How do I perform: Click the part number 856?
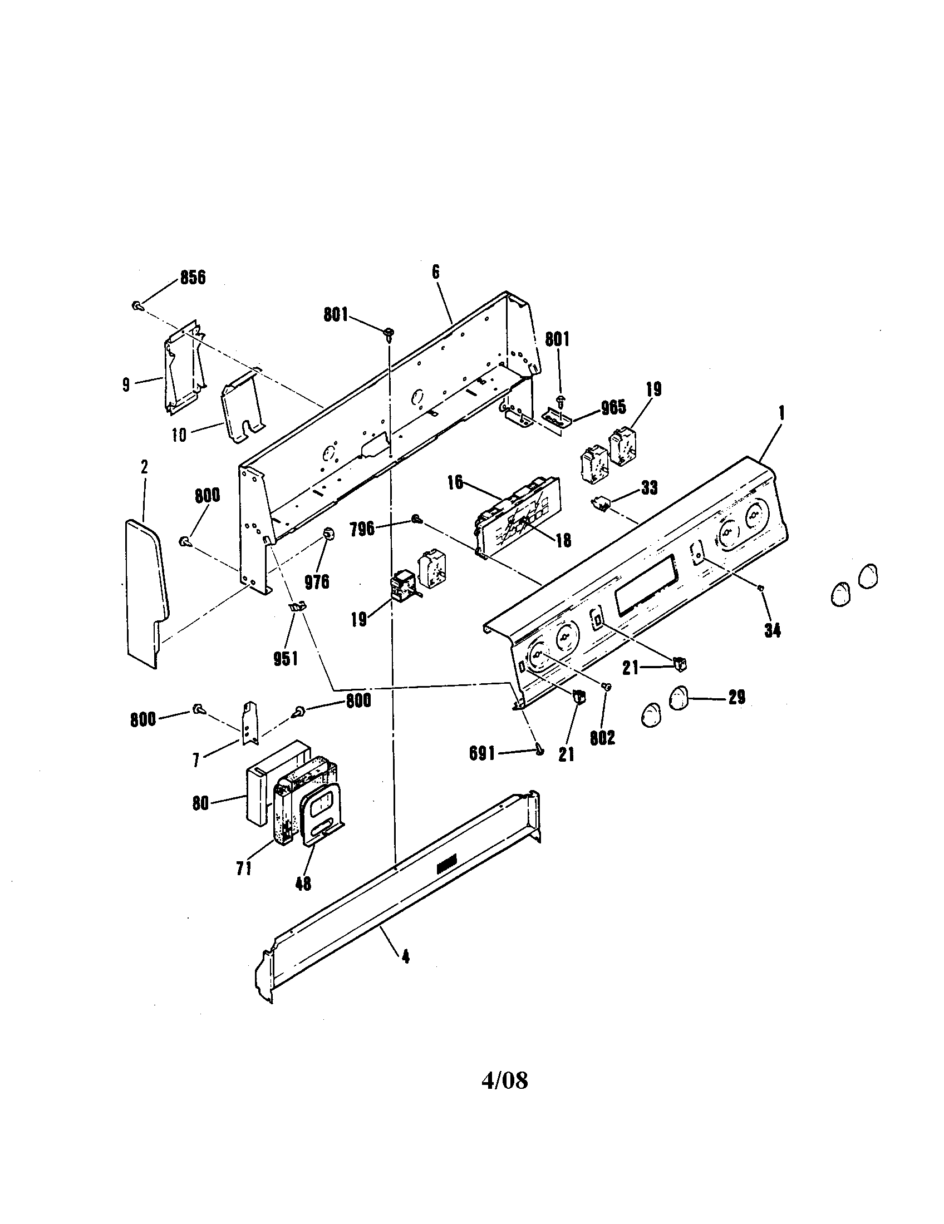[192, 278]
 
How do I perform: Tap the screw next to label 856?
[137, 305]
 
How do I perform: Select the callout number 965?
[613, 407]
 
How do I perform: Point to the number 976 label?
[317, 583]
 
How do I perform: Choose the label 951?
[286, 659]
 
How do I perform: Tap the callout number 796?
[362, 529]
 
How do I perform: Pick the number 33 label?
[649, 487]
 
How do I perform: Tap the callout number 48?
[303, 884]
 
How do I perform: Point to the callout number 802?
[603, 738]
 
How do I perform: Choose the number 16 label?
[455, 482]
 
